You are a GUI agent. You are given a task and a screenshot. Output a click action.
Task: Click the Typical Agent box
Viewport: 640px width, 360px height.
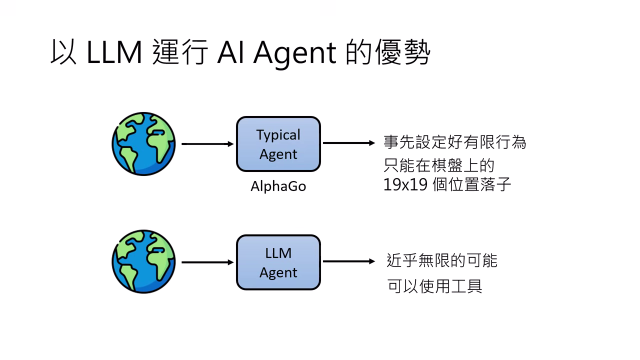pos(278,144)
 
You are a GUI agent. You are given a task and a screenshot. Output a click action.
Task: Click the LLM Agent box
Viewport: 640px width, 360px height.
pos(278,262)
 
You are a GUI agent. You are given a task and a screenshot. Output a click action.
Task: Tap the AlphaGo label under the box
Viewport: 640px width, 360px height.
pos(278,186)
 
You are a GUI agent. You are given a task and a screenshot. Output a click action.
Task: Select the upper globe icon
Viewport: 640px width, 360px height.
pos(143,144)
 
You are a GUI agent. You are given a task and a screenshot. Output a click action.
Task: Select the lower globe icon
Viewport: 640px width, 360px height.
pos(143,261)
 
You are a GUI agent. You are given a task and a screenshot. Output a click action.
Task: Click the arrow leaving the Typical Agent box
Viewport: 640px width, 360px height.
pos(348,143)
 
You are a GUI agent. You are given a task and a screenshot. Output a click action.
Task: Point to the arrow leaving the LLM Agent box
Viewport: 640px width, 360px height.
pos(348,261)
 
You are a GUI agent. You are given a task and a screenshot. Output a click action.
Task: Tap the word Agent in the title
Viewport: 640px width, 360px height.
pos(294,53)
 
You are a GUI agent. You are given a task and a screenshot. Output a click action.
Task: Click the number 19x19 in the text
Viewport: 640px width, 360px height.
pos(405,184)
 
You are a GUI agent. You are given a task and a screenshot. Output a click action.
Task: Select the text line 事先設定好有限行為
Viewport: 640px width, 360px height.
pos(454,142)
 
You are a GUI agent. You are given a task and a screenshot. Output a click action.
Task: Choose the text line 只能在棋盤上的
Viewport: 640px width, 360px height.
pos(439,164)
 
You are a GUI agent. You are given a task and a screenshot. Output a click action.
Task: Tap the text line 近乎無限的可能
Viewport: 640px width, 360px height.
pos(442,260)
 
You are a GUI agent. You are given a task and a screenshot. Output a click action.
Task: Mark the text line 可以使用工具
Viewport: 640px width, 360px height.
pos(434,286)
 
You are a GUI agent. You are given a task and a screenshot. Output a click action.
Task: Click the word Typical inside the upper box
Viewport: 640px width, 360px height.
pos(278,135)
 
